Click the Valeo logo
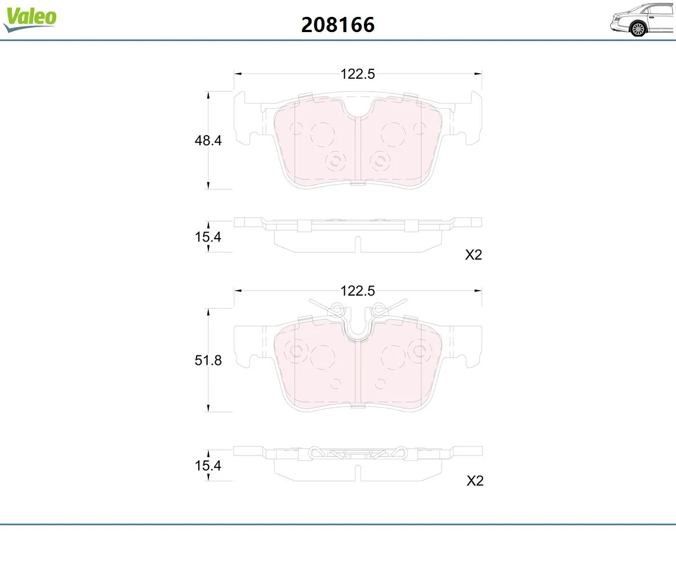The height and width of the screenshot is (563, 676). click(30, 19)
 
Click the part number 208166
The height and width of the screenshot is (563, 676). click(337, 25)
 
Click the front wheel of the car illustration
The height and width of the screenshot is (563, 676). click(638, 29)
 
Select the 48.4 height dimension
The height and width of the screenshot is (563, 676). click(208, 140)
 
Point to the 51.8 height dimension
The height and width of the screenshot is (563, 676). click(208, 360)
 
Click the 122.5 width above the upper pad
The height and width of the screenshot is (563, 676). click(357, 74)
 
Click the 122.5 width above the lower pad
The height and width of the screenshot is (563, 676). click(357, 291)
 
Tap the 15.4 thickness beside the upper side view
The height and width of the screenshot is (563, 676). click(208, 237)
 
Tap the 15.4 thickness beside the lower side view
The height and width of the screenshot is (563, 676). click(208, 466)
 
